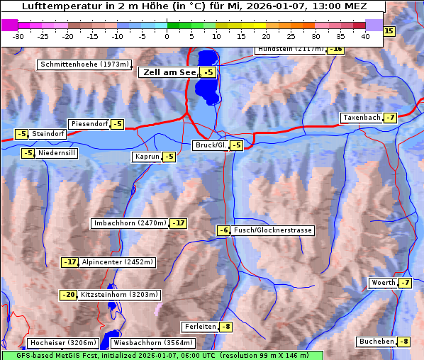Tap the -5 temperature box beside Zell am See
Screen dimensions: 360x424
(x=208, y=72)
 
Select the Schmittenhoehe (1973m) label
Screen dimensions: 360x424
(x=84, y=64)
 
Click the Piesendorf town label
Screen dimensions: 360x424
(x=89, y=124)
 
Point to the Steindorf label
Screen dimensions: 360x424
(x=48, y=134)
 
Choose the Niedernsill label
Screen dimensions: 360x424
(x=57, y=152)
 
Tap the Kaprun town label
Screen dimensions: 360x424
(x=147, y=157)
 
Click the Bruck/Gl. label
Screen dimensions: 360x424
(x=211, y=145)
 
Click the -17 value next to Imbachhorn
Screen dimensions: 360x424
(x=179, y=223)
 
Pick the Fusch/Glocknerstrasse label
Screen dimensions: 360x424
(x=273, y=230)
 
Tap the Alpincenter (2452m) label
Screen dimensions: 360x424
(x=118, y=262)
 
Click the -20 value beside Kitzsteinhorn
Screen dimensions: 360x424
(x=68, y=295)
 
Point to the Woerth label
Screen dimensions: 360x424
(x=383, y=283)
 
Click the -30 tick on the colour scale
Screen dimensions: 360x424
(x=18, y=35)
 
